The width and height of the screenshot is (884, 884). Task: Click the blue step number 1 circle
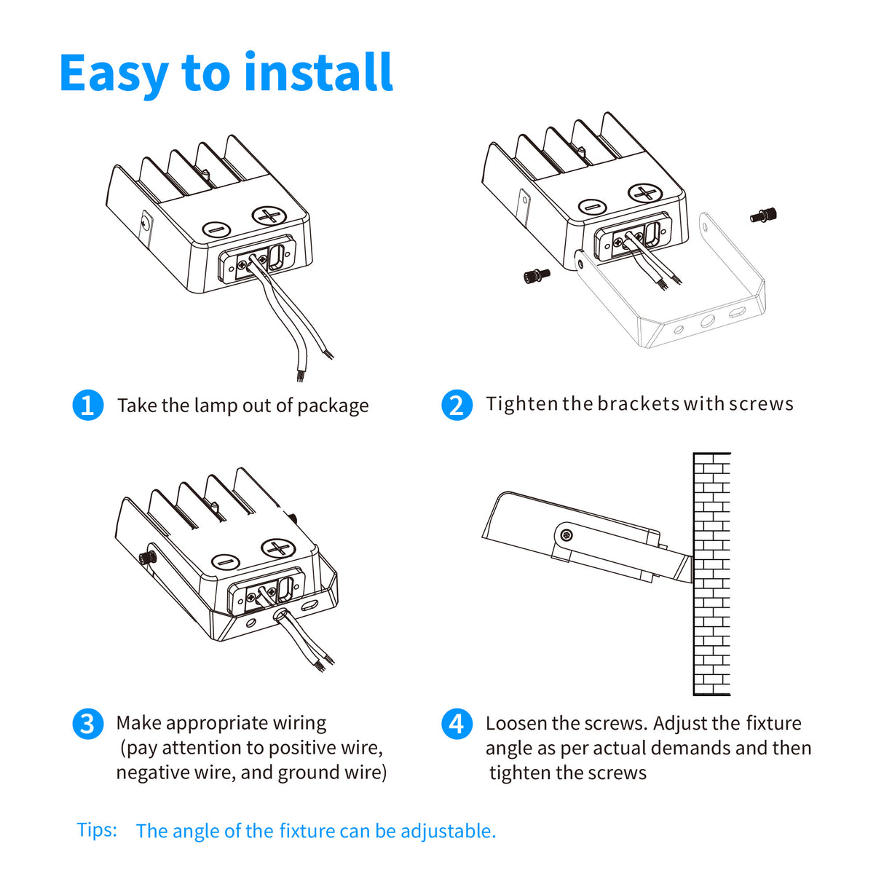(x=88, y=405)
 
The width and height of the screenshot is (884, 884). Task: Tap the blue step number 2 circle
(x=457, y=405)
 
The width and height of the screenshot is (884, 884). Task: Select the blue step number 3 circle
(x=88, y=724)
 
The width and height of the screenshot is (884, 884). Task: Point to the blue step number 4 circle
(x=457, y=724)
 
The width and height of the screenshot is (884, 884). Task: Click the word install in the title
(x=317, y=73)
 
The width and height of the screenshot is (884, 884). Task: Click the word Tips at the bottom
(x=97, y=830)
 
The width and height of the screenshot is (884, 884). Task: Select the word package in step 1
(x=333, y=406)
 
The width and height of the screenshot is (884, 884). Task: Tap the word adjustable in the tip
(x=448, y=831)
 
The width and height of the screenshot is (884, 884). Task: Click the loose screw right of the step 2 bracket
(x=763, y=215)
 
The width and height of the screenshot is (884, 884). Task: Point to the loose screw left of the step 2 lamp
(x=537, y=275)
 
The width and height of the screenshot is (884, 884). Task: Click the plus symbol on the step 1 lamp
(x=269, y=216)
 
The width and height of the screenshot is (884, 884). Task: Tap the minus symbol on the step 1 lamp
(x=216, y=230)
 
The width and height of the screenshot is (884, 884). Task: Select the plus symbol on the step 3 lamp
(x=277, y=548)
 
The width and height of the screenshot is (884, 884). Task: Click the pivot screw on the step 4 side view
(x=566, y=536)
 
